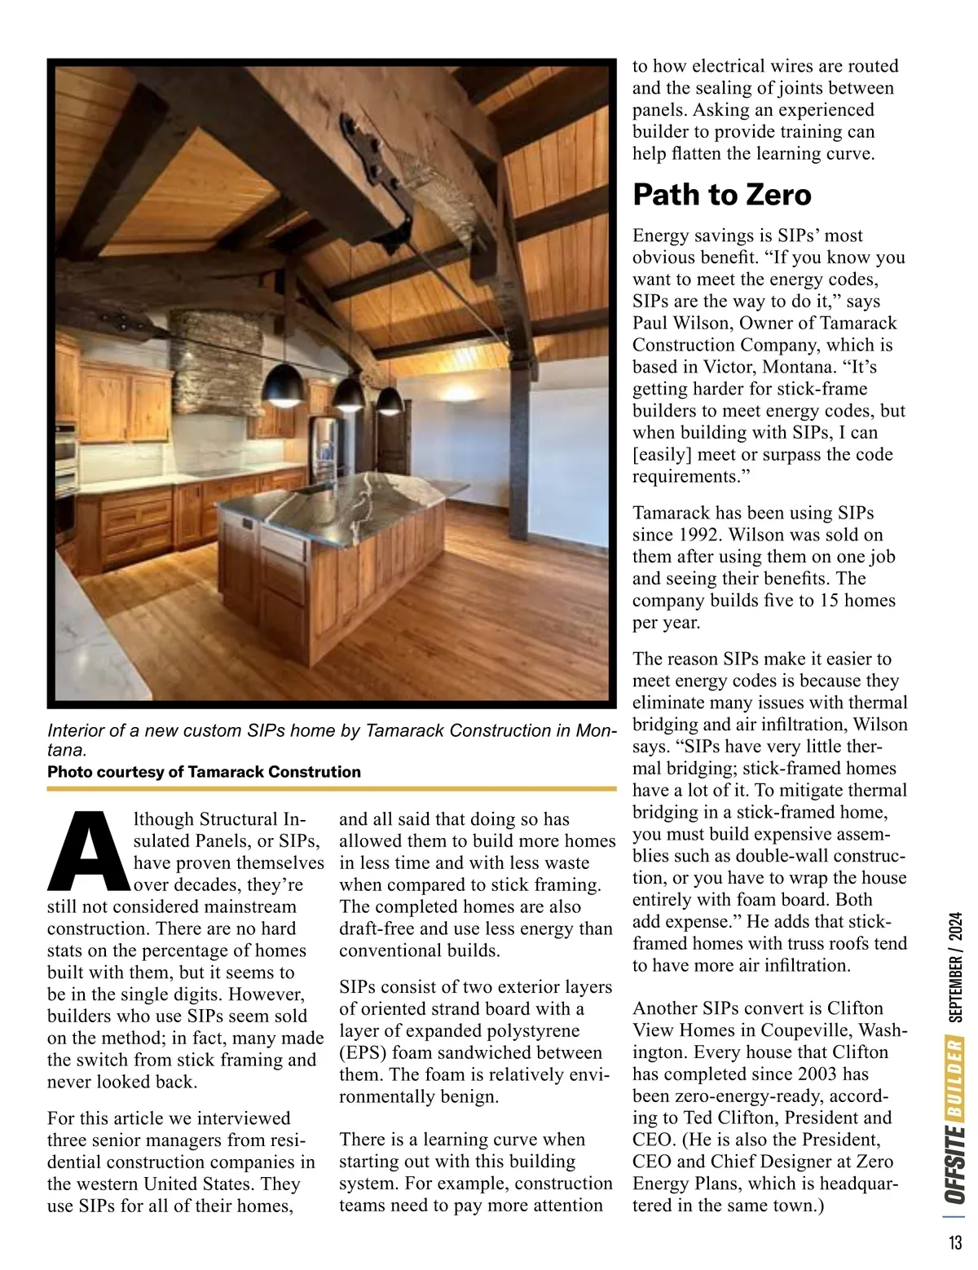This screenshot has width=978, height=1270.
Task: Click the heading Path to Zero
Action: (722, 195)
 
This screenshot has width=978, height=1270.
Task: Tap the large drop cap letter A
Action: (88, 852)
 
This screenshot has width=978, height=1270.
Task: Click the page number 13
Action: (955, 1243)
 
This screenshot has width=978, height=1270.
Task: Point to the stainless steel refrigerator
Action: (324, 444)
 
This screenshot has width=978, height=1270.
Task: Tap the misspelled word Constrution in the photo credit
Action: (314, 772)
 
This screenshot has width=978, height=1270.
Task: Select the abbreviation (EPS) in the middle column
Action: (363, 1053)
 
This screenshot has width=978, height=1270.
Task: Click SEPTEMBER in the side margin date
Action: (956, 986)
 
